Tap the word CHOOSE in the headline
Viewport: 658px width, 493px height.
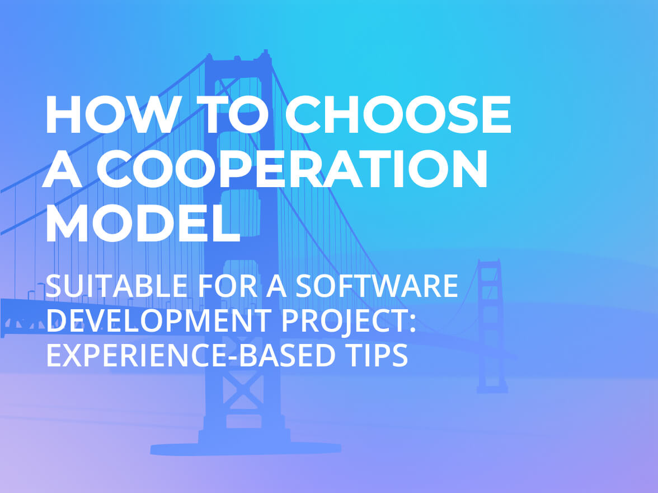click(398, 114)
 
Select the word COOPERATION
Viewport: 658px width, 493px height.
click(292, 169)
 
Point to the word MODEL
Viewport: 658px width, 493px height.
click(143, 223)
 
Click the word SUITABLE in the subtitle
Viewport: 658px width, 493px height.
click(116, 286)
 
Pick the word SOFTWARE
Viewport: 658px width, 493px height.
click(377, 286)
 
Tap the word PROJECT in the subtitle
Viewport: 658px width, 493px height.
click(343, 321)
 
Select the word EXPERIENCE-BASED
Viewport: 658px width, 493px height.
click(190, 355)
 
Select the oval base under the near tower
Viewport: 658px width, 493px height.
click(246, 448)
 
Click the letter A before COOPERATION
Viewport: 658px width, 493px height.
click(62, 169)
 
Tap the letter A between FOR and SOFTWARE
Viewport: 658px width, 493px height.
click(276, 286)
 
